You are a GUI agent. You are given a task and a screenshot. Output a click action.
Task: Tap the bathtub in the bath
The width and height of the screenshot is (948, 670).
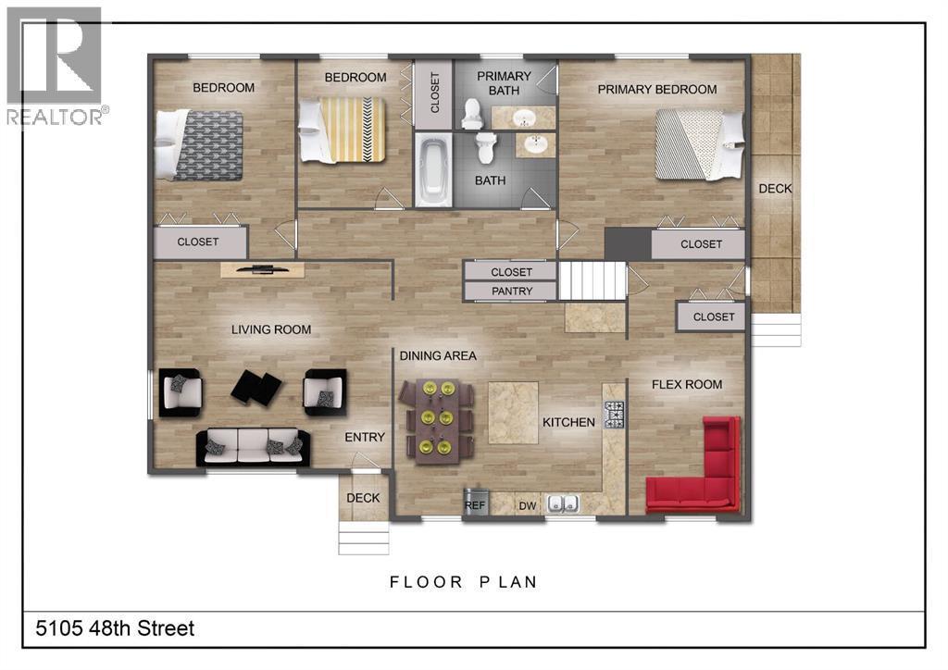tap(433, 171)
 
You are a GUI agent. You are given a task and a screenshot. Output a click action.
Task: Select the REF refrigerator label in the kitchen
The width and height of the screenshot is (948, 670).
tap(475, 505)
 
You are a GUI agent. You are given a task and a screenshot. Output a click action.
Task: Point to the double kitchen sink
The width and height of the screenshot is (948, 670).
tap(562, 503)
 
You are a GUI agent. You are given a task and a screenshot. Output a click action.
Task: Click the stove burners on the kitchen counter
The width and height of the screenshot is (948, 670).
tap(615, 416)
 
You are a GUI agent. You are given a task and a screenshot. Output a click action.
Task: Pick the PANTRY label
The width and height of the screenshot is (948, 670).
tap(511, 292)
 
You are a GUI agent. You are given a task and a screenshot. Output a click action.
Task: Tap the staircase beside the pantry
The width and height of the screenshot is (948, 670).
tap(592, 280)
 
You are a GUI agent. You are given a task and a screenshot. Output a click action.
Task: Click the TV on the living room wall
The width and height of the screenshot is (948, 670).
tap(262, 269)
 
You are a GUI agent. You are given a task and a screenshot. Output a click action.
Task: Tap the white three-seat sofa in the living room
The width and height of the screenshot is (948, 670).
tap(253, 446)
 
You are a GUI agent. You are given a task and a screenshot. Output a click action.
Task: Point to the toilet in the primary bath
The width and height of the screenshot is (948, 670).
tap(471, 115)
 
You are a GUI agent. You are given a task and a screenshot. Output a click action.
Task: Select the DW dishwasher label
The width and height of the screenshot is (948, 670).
tap(528, 506)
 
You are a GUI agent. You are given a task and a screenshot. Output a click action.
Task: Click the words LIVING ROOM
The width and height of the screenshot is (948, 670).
tap(271, 329)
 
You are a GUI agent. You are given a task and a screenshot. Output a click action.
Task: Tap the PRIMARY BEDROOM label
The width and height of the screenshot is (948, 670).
tap(657, 90)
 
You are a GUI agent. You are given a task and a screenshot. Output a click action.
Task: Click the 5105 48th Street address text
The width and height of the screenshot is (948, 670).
tap(115, 628)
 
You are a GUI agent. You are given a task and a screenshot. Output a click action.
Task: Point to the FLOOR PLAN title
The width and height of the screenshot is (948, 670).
tap(464, 582)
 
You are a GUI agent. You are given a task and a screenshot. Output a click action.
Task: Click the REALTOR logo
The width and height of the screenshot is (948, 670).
tap(57, 66)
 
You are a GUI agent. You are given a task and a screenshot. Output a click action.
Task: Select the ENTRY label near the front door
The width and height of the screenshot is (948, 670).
tap(365, 438)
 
